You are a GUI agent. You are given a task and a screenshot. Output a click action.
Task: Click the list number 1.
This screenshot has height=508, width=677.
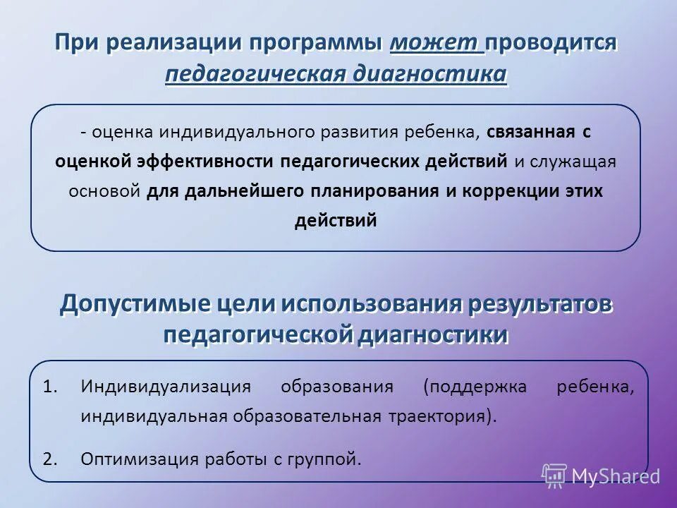click(x=49, y=387)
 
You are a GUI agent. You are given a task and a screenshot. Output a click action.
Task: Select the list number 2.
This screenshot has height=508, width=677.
click(x=49, y=459)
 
